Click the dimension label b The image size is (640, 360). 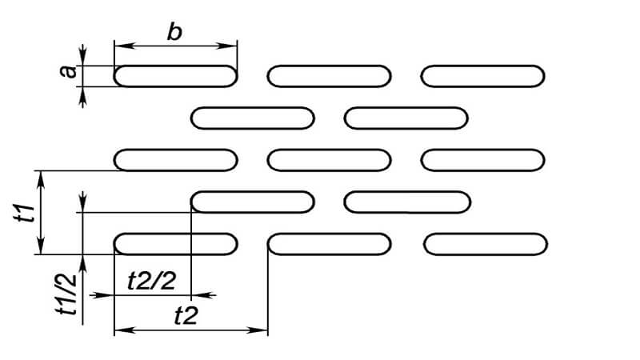pyautogui.click(x=174, y=32)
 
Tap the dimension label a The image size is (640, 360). pyautogui.click(x=67, y=71)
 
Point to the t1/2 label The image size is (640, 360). pyautogui.click(x=66, y=294)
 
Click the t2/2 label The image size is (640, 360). pyautogui.click(x=151, y=281)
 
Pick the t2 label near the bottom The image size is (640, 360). pyautogui.click(x=186, y=315)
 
